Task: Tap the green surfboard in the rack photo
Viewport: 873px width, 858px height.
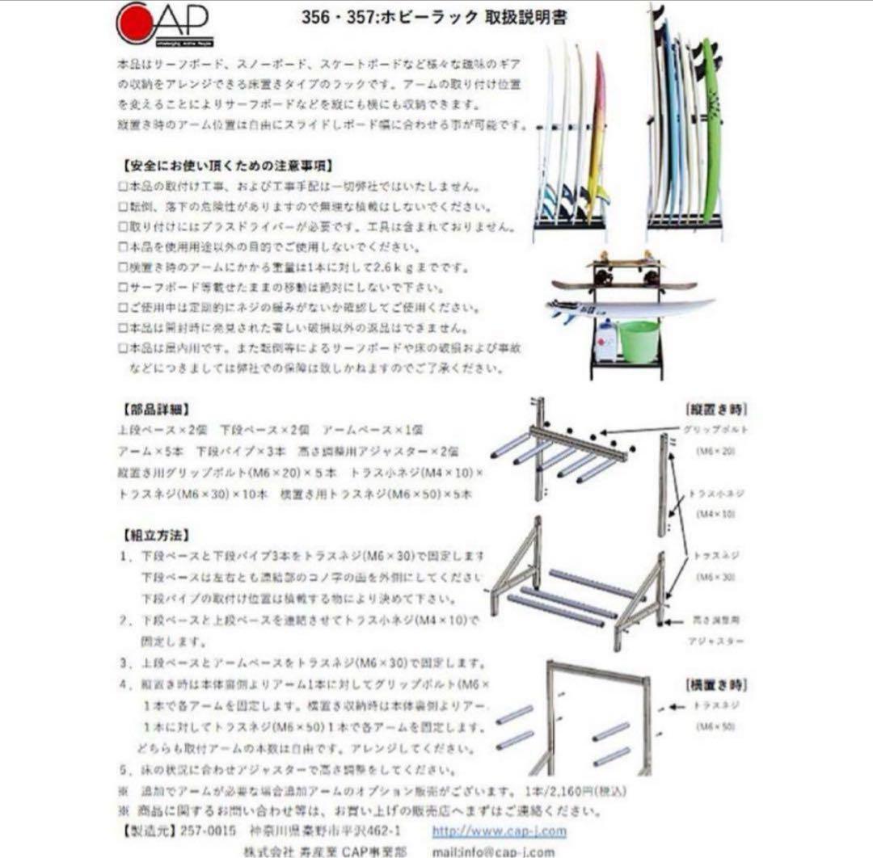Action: click(711, 129)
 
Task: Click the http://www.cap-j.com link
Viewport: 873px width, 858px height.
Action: click(499, 831)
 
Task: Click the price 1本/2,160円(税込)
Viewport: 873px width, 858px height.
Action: click(575, 790)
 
